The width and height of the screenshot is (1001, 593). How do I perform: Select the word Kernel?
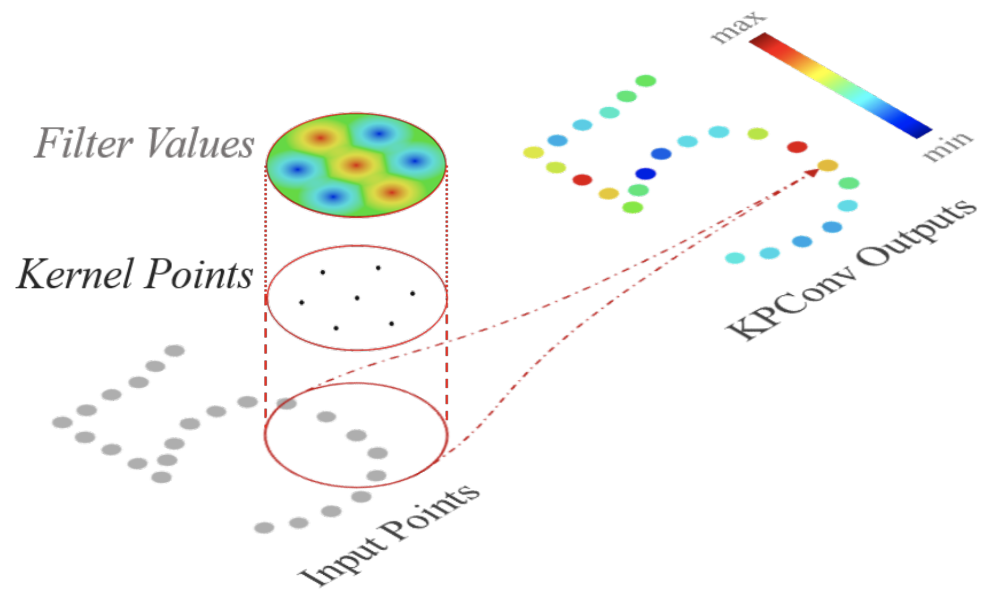(77, 275)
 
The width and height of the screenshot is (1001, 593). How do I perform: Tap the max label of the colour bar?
(738, 27)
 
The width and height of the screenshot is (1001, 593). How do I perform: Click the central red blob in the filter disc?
(356, 165)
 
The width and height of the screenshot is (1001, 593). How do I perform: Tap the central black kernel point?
(357, 298)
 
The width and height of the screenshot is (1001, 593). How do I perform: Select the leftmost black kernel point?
(302, 302)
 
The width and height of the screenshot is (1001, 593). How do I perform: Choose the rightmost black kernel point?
(412, 294)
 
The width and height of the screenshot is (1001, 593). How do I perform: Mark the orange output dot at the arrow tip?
(828, 165)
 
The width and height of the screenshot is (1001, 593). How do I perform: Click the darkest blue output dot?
(645, 173)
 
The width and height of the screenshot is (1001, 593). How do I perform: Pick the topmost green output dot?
(645, 81)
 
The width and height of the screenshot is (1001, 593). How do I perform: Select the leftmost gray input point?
(63, 423)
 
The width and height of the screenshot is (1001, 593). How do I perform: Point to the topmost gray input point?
(174, 351)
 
